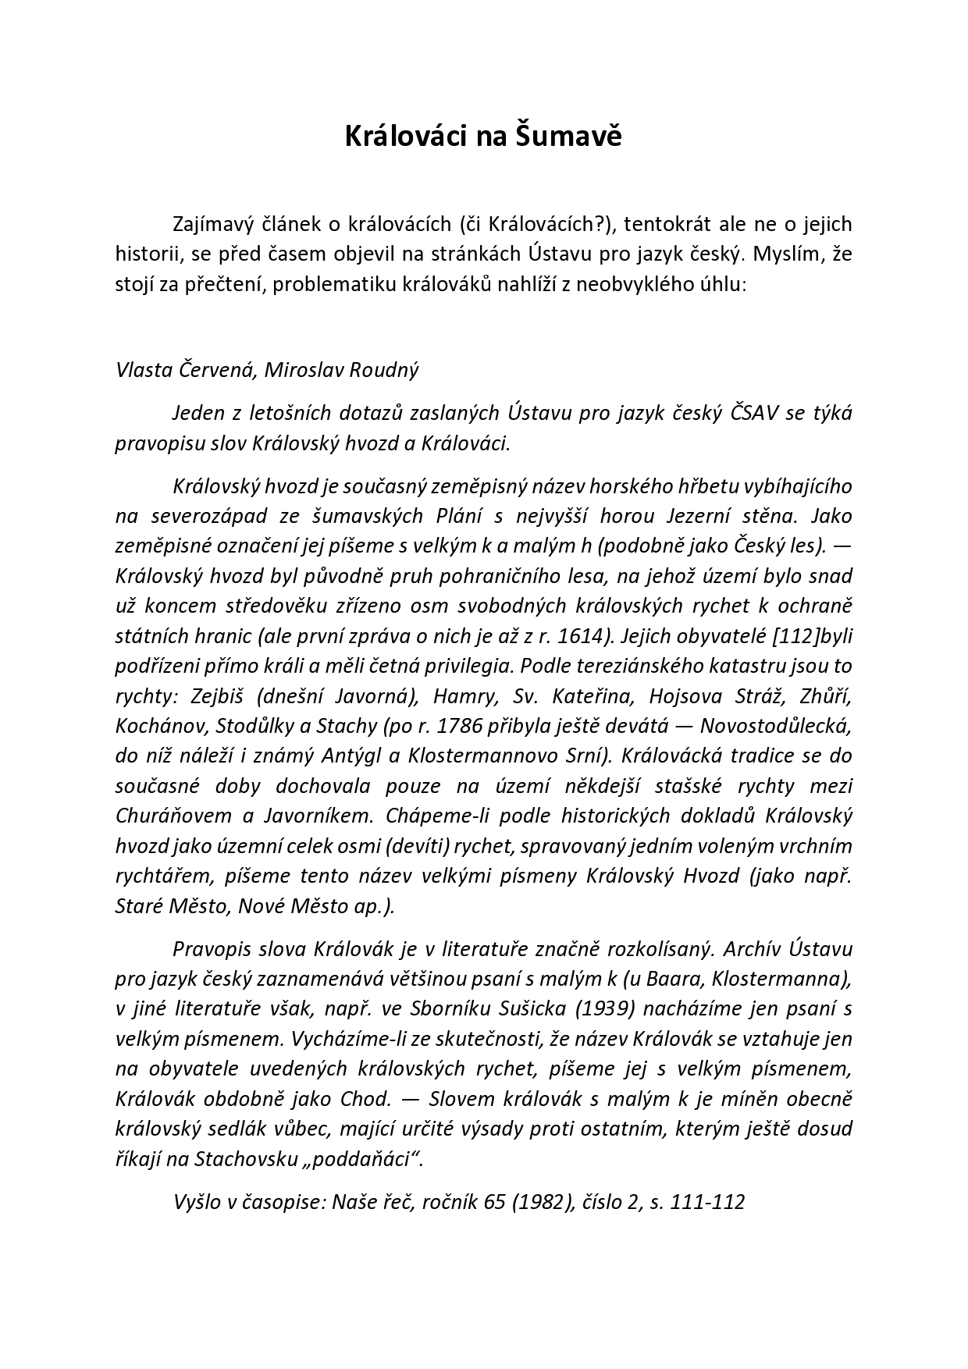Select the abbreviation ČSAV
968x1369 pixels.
tap(754, 413)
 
